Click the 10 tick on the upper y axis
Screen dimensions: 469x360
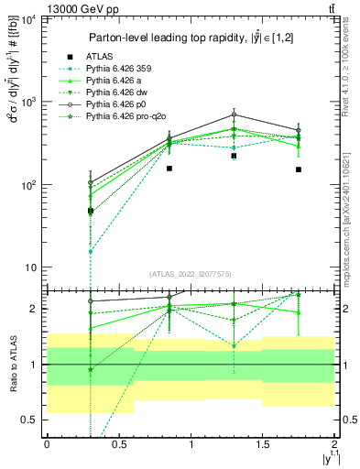click(30, 267)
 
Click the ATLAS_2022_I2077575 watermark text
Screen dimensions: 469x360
click(189, 274)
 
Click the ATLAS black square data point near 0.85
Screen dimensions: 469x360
click(169, 169)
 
